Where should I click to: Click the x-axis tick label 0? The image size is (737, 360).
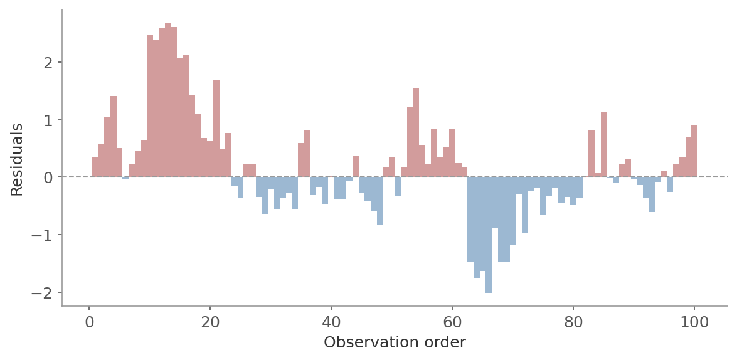(89, 322)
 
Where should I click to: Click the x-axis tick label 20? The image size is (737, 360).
(210, 322)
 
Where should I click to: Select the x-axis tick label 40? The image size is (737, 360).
(331, 322)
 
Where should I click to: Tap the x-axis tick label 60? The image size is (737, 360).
(452, 322)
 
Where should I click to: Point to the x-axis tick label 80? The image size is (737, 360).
(573, 322)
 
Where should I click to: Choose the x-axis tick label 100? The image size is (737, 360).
(694, 322)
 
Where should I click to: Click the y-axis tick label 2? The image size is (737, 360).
(48, 63)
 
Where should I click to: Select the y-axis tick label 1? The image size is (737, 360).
(48, 120)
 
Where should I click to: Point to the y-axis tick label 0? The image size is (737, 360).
(48, 177)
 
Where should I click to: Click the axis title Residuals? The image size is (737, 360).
(17, 159)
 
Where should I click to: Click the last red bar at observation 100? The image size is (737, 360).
(694, 151)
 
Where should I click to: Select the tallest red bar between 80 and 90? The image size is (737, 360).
(603, 145)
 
